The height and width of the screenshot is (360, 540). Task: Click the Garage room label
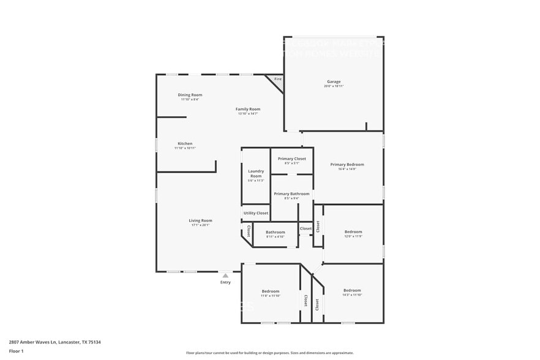(x=334, y=81)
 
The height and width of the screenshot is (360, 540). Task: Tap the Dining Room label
(x=190, y=95)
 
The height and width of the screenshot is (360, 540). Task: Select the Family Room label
(x=248, y=109)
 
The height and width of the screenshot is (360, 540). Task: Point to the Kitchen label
(x=185, y=144)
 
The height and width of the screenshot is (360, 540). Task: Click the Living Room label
(x=200, y=220)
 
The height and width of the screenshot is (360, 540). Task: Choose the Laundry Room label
(x=256, y=173)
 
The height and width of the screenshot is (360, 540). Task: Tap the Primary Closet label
(x=291, y=159)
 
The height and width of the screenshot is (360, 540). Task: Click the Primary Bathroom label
(x=291, y=193)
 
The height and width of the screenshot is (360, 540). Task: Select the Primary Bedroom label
(x=347, y=164)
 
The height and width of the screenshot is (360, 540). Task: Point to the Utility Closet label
(x=256, y=213)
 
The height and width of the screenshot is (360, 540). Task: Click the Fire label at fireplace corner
(x=277, y=79)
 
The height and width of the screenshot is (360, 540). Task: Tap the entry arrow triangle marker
(x=225, y=276)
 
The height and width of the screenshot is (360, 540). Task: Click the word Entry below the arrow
(x=225, y=282)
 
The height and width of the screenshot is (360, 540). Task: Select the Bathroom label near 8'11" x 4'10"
(x=276, y=232)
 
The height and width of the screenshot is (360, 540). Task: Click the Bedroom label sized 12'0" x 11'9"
(x=353, y=231)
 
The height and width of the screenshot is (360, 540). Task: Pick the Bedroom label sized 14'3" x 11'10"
(x=352, y=290)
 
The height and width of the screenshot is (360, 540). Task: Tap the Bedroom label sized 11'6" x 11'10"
(x=271, y=291)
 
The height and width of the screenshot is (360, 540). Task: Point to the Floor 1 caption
(x=16, y=351)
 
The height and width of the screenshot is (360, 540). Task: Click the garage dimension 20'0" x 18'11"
(x=334, y=86)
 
